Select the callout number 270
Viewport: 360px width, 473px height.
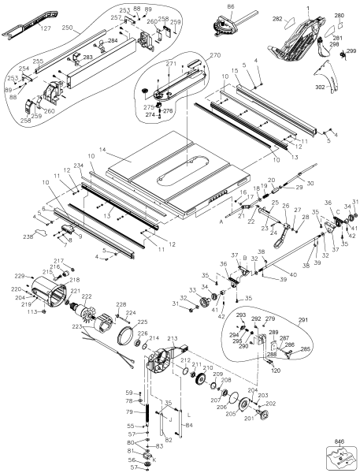coord(192,57)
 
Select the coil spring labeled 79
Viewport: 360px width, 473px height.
coord(147,412)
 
